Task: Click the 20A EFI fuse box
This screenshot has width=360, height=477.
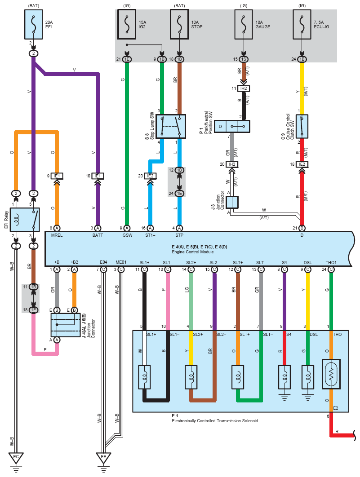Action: pos(33,25)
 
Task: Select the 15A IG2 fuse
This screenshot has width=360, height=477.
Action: pos(127,25)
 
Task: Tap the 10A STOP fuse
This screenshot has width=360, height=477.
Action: pos(179,25)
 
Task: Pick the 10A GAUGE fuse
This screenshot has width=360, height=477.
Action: pos(243,25)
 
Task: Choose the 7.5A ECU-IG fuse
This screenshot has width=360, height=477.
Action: pos(302,25)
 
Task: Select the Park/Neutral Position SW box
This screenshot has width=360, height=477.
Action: pos(232,127)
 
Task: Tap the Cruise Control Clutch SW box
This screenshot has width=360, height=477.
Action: pos(302,126)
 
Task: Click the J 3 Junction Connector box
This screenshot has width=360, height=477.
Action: pos(232,202)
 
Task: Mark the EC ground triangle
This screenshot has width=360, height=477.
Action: pos(16,458)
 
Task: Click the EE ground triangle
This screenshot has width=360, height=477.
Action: pos(103,458)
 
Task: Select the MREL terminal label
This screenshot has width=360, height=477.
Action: pos(57,235)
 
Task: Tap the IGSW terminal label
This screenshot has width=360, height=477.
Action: pos(127,235)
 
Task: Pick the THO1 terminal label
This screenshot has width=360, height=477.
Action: pos(331,262)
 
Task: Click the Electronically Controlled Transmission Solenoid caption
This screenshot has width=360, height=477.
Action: pos(215,421)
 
